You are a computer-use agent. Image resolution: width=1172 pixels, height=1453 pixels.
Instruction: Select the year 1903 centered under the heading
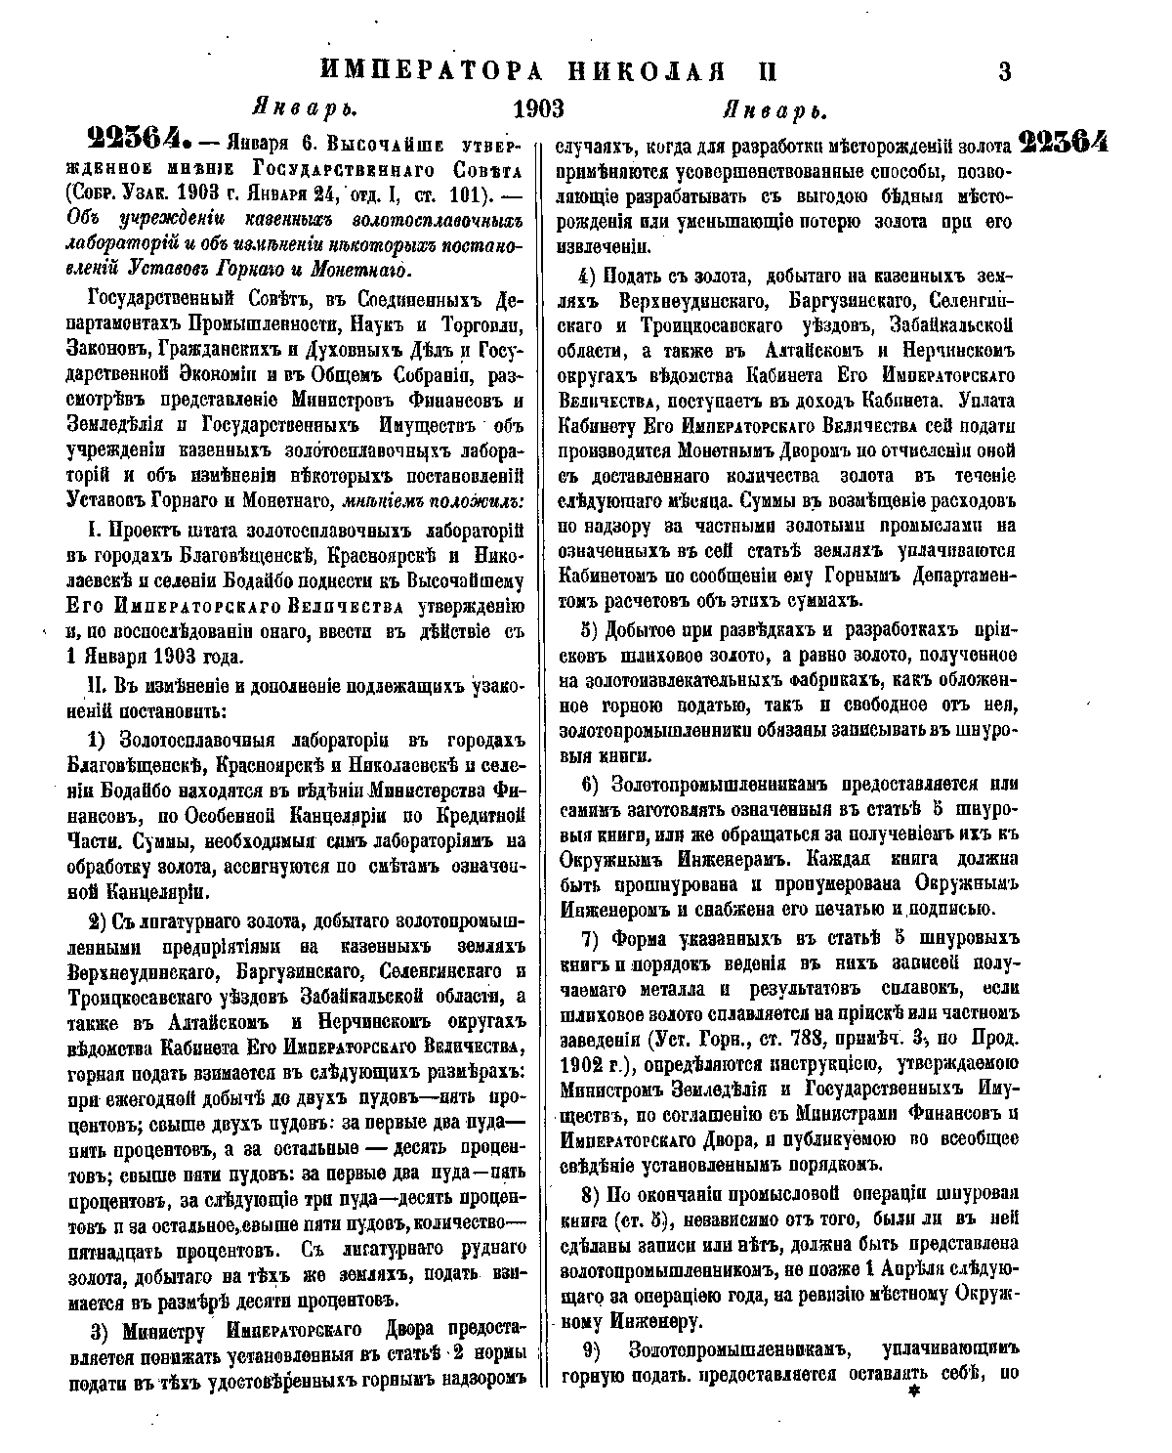click(x=540, y=107)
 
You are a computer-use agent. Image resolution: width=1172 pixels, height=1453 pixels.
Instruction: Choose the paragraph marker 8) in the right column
click(x=590, y=1194)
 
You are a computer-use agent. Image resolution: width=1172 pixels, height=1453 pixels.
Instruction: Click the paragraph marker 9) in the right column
click(x=590, y=1348)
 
